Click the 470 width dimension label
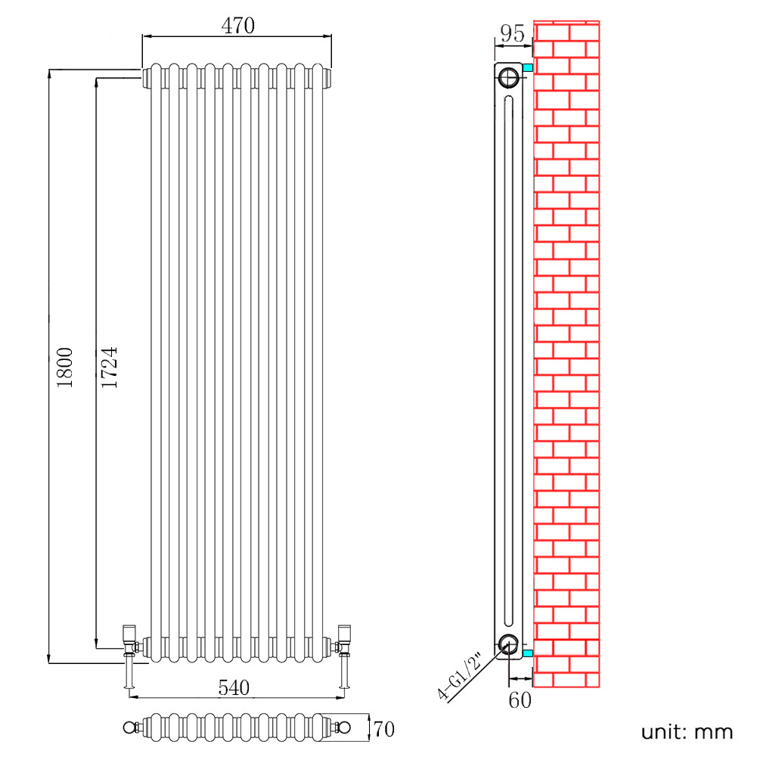click(237, 26)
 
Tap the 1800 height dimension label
click(65, 368)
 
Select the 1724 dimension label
click(110, 368)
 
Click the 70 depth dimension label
click(384, 729)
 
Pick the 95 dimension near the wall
click(512, 34)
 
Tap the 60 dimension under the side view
click(520, 700)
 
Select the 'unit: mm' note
click(687, 731)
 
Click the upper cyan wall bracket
click(528, 68)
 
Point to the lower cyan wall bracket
click(528, 653)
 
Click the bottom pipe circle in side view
click(509, 644)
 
